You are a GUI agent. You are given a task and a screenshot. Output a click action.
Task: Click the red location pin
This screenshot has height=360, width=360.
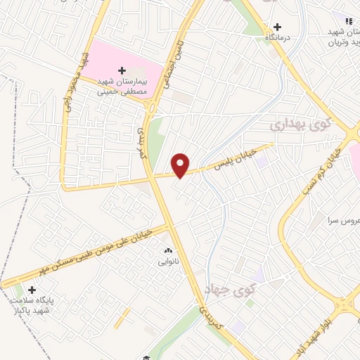tap(181, 165)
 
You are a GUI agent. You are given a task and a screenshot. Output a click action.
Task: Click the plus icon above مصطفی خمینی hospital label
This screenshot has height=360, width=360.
tap(122, 70)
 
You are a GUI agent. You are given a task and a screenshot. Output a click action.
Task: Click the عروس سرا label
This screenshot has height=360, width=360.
tap(343, 221)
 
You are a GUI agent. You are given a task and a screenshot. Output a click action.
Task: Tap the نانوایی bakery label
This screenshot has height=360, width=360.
tap(167, 261)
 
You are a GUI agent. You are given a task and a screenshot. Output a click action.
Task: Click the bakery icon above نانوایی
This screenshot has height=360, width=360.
tap(167, 250)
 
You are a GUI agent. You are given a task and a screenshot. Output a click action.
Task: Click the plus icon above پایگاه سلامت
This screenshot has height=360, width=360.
tap(32, 289)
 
